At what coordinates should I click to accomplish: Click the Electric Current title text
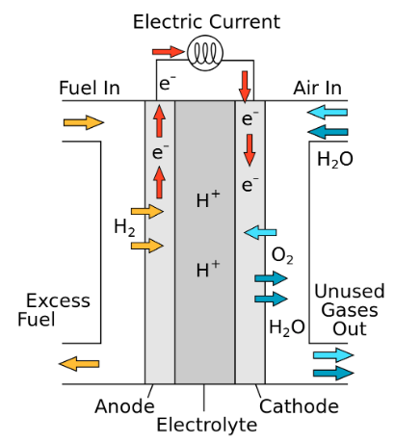206,22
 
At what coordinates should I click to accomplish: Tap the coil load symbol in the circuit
205,53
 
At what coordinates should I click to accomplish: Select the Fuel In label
90,88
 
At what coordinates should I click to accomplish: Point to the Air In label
317,88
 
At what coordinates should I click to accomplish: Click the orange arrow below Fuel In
84,122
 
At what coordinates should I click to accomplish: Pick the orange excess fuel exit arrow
79,364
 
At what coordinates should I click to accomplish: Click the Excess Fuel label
54,310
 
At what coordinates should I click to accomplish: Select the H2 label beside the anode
124,227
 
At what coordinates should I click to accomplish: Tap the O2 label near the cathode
282,256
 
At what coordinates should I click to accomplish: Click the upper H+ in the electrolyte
208,199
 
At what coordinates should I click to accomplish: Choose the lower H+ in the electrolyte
208,269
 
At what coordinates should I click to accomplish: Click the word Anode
124,406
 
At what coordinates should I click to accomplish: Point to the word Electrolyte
207,425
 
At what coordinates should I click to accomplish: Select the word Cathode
299,406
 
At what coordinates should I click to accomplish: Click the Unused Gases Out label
350,310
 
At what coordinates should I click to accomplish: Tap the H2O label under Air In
335,160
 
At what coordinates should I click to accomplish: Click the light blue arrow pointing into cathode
260,232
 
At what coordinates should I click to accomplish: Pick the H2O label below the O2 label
287,328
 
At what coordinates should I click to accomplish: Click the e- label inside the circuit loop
168,83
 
